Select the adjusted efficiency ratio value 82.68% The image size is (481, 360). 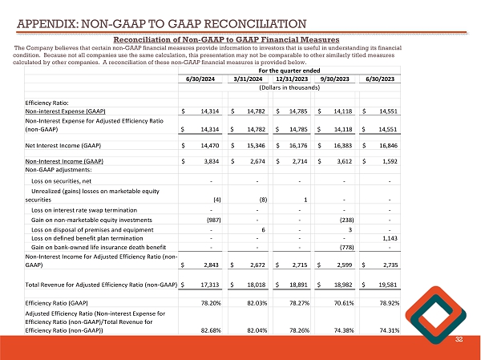pyautogui.click(x=211, y=330)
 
